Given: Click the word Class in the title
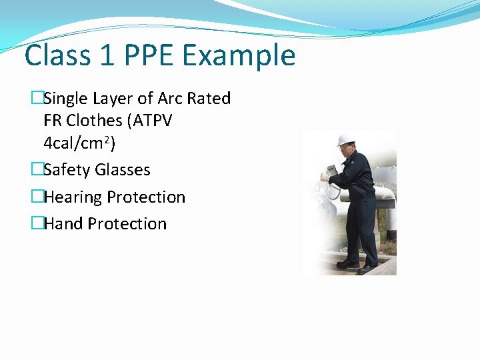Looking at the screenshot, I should click(x=57, y=55).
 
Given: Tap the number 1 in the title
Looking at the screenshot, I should click(x=106, y=55).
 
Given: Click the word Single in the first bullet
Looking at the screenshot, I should click(x=65, y=99).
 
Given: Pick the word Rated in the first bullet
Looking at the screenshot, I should click(x=209, y=99).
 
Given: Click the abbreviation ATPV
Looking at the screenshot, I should click(x=153, y=121).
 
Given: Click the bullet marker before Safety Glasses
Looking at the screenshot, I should click(x=37, y=170).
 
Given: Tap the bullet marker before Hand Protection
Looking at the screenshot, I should click(x=37, y=224).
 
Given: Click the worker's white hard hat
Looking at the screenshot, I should click(x=345, y=140).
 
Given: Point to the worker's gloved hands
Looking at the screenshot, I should click(x=326, y=176).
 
